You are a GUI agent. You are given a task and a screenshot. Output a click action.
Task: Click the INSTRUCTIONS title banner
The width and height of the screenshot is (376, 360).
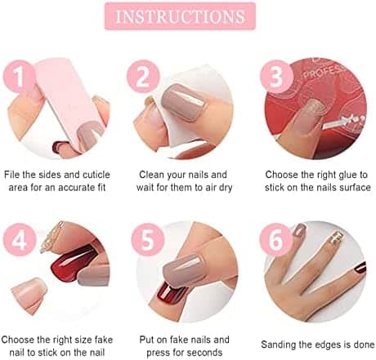[180, 16]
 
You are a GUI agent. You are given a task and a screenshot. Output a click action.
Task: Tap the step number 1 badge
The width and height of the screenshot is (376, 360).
[20, 77]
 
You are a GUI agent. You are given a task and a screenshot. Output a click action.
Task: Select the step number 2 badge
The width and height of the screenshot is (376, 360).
[143, 77]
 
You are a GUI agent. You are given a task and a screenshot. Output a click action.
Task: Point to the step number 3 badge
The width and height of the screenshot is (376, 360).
[276, 77]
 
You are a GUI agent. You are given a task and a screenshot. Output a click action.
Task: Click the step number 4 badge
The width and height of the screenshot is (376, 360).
[20, 240]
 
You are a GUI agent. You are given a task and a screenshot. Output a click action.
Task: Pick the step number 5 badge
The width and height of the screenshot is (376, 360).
[148, 240]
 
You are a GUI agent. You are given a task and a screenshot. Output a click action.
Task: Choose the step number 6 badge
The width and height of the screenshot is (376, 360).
[276, 240]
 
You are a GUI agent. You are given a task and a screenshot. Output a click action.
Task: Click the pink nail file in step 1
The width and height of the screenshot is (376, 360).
[70, 100]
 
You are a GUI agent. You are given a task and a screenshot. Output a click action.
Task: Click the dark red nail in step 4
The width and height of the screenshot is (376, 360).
[73, 263]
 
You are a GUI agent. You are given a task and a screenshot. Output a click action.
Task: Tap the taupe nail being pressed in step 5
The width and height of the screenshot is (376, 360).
[183, 270]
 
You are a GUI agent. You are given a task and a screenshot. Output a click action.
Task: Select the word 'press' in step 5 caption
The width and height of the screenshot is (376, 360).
[158, 353]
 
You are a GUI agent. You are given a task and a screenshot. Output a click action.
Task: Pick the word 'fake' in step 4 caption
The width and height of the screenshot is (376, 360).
[104, 340]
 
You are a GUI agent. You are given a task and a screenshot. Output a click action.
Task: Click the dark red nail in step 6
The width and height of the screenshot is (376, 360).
[360, 268]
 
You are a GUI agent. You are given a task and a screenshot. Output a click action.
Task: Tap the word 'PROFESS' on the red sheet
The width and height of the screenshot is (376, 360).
[324, 71]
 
